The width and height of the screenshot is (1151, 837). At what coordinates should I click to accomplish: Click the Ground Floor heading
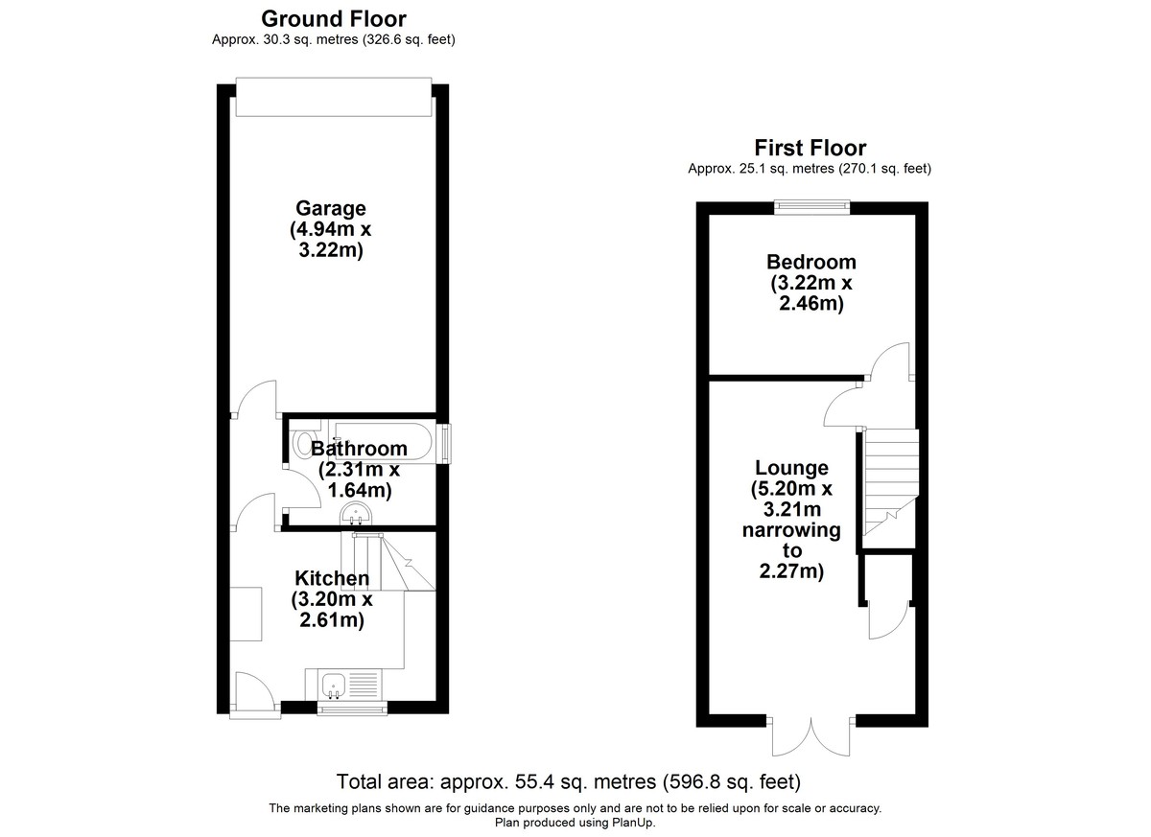(334, 19)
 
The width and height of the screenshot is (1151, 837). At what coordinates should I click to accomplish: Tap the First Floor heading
(810, 149)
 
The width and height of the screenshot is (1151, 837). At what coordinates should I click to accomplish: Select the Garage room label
(330, 208)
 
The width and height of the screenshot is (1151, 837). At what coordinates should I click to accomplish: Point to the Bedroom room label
(810, 262)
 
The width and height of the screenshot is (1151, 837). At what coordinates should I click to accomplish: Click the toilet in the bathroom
(303, 443)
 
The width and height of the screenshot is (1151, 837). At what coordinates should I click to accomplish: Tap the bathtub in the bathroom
(384, 442)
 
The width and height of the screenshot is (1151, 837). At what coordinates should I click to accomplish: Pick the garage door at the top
(334, 97)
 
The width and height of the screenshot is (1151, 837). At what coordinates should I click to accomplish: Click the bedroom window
(811, 206)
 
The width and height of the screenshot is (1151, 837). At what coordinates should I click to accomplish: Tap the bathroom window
(444, 444)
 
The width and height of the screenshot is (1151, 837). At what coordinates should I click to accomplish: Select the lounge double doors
(810, 737)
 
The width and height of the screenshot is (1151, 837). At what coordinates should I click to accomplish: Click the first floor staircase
(890, 488)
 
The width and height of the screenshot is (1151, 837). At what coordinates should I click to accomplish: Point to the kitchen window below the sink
(352, 709)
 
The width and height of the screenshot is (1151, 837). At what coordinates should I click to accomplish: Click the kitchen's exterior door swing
(255, 690)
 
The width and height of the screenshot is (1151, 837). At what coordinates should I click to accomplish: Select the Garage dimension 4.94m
(319, 229)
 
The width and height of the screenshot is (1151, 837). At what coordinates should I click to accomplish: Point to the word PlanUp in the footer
(632, 822)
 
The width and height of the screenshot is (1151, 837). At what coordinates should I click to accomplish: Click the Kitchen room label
(332, 578)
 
